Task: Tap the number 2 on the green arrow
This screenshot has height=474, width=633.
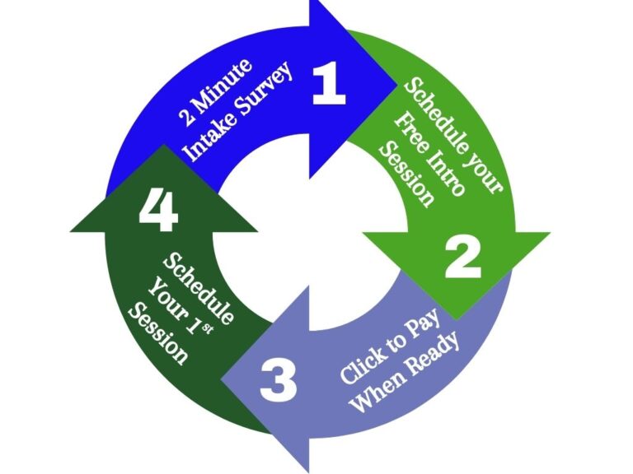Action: point(462,257)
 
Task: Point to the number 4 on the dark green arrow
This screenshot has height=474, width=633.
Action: point(158,211)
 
